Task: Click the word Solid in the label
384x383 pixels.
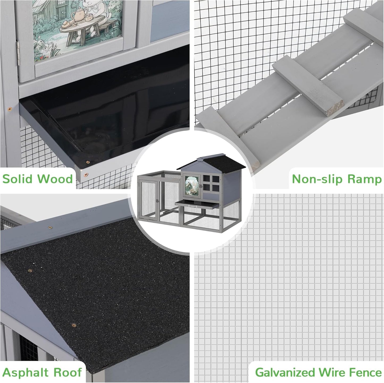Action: tap(17, 179)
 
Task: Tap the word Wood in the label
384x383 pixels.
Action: tap(55, 179)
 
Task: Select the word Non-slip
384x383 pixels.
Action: tap(318, 179)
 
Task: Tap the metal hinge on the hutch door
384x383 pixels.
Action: tap(18, 53)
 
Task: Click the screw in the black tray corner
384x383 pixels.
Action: tap(87, 162)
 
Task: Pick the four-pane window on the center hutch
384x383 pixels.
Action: tap(211, 183)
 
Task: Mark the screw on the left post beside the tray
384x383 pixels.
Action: tap(9, 109)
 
